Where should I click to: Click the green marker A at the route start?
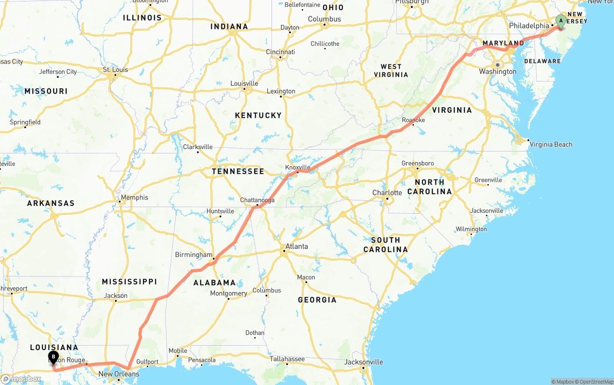point(560,21)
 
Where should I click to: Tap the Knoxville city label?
point(298,167)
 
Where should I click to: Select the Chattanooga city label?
point(257,200)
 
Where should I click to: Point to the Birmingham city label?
point(193,255)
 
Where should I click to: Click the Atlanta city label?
point(296,246)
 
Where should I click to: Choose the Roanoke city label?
point(413,120)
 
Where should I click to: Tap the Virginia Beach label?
point(551,144)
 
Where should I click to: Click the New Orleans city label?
point(118,374)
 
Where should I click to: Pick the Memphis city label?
point(134,198)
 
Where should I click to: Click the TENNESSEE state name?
point(238,171)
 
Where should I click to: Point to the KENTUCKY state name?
point(258,115)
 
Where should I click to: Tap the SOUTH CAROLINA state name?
point(385,245)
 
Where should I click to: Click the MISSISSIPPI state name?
point(130,281)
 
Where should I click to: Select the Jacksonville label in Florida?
point(364,362)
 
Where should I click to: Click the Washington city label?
point(497,71)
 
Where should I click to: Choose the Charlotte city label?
point(387,193)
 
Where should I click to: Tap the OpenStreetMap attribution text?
point(595,382)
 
